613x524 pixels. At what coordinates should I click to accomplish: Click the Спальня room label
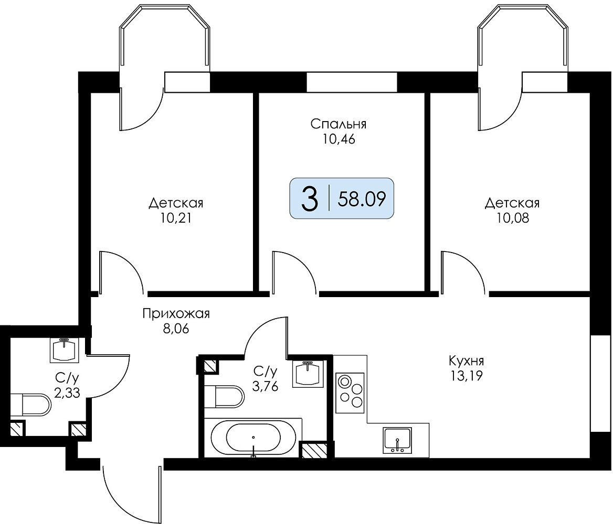pos(339,124)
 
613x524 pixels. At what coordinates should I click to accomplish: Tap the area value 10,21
pos(176,218)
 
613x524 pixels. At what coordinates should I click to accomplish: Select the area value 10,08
pos(513,218)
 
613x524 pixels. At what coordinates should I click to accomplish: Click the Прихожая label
pos(176,313)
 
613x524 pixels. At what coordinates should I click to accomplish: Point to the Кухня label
pos(467,360)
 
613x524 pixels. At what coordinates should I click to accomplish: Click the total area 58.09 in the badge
pos(362,199)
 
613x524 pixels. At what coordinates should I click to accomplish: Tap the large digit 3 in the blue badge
pos(310,199)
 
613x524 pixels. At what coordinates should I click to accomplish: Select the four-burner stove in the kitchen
pos(350,393)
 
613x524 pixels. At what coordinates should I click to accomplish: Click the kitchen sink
pos(398,441)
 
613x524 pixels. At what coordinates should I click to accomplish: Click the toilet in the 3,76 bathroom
pos(224,397)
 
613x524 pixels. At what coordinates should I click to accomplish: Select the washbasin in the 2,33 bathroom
pos(65,350)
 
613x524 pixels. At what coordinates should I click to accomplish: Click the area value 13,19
pos(467,376)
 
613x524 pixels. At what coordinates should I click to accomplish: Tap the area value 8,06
pos(176,329)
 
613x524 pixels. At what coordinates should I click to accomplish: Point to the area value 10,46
pos(339,139)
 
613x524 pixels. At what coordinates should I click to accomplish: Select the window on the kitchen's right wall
pos(600,383)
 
